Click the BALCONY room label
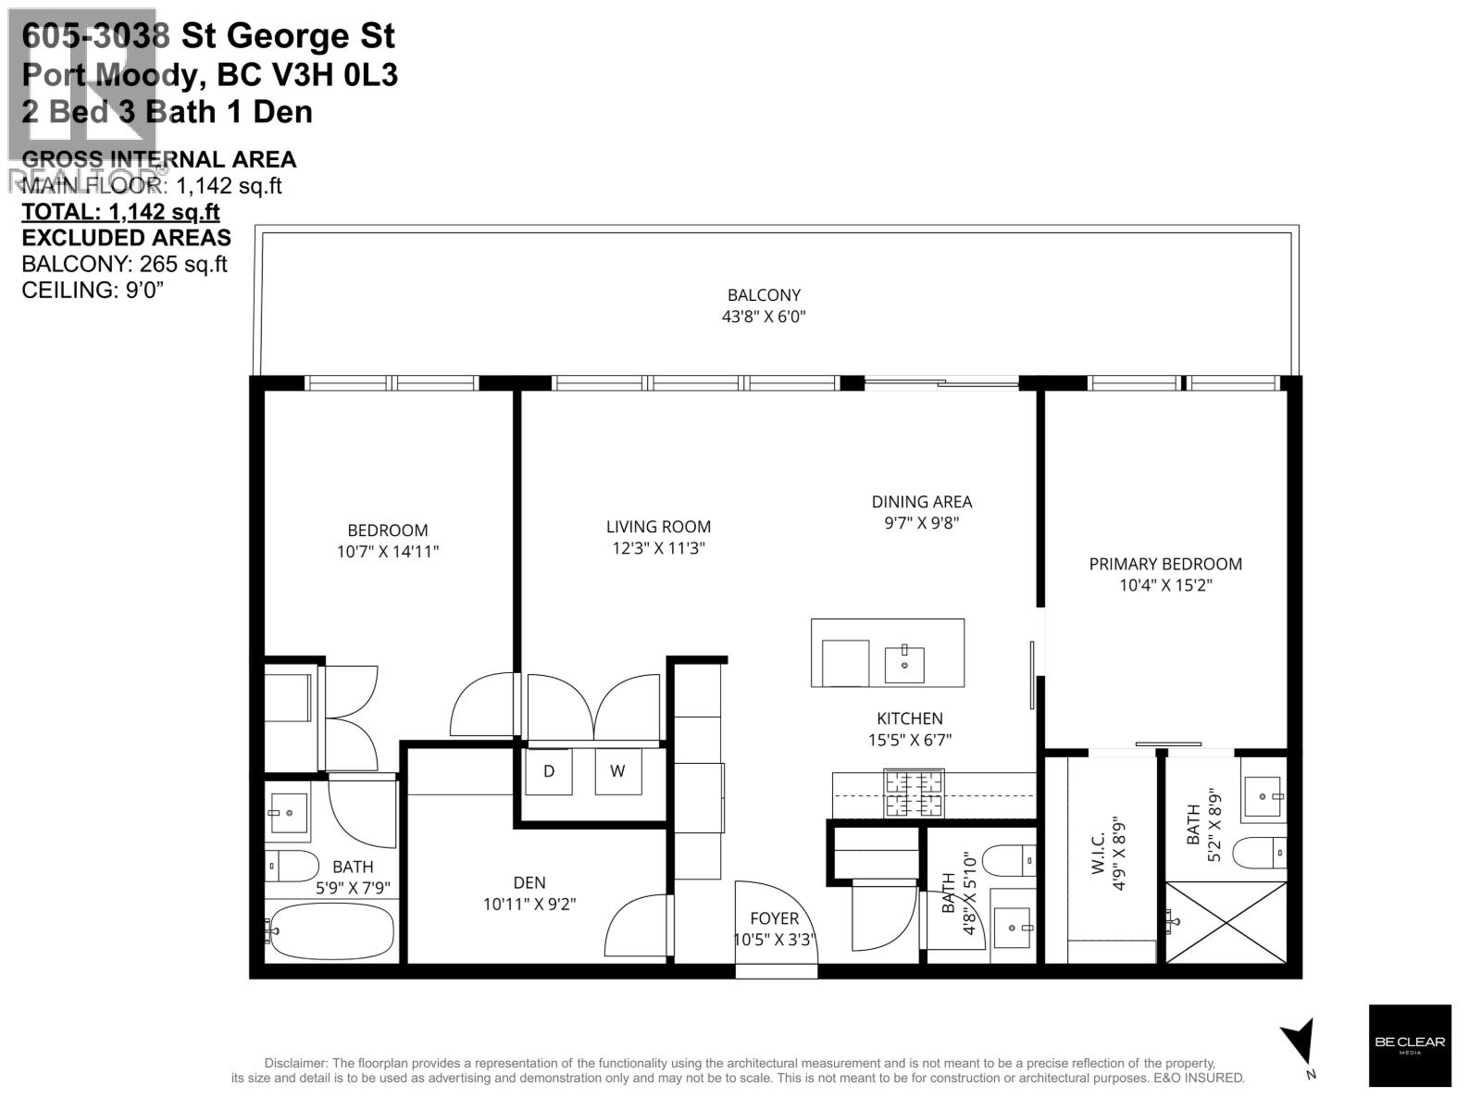pyautogui.click(x=763, y=295)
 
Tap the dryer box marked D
pyautogui.click(x=548, y=771)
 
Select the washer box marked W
pyautogui.click(x=617, y=771)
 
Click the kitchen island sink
pyautogui.click(x=904, y=664)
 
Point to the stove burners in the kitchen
pyautogui.click(x=915, y=793)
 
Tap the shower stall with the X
pyautogui.click(x=1226, y=922)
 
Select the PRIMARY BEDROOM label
pyautogui.click(x=1164, y=564)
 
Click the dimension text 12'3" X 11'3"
pyautogui.click(x=658, y=548)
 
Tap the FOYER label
pyautogui.click(x=774, y=918)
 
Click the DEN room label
pyautogui.click(x=529, y=882)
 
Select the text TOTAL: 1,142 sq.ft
pyautogui.click(x=120, y=212)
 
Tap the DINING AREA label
pyautogui.click(x=921, y=502)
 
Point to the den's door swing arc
pyautogui.click(x=634, y=926)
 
